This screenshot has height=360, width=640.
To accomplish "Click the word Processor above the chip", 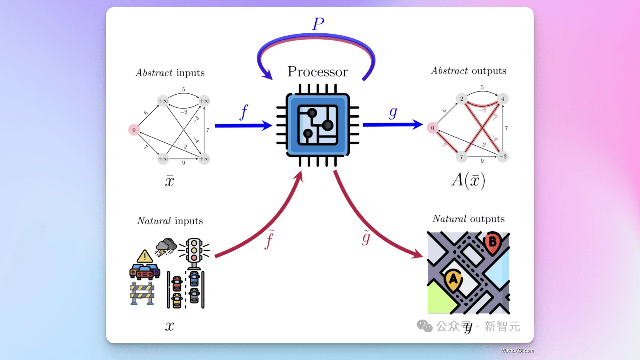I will pos(317,72).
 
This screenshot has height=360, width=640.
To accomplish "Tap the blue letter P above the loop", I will pos(318,24).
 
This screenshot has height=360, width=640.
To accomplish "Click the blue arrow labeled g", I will pos(392,124).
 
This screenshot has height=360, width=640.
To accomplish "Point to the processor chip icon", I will pos(318,125).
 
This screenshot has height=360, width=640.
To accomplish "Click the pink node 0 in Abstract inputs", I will pos(134,130).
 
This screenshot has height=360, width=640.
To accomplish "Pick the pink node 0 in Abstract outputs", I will pos(432,128).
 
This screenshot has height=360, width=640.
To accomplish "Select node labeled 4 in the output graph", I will pos(503,99).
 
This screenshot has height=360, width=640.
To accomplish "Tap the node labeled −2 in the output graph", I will pos(503,156).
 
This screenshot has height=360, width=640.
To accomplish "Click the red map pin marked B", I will pos(492,241).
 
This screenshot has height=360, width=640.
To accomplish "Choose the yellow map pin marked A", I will pos(453,279).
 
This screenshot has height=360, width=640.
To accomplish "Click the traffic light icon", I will pos(194,252).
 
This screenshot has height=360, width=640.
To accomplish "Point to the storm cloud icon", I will pos(166,247).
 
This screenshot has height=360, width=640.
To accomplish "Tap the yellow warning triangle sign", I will pos(145,257).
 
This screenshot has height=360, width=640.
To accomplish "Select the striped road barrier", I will pos(142,293).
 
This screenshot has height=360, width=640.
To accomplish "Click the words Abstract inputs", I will pos(170,73).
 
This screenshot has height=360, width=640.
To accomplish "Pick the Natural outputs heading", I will pos(469,219).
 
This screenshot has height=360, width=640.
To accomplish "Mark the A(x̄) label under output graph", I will pos(468,180).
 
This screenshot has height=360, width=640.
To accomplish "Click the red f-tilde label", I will pos(270,239).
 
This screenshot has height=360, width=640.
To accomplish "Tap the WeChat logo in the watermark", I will pos(425,326).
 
